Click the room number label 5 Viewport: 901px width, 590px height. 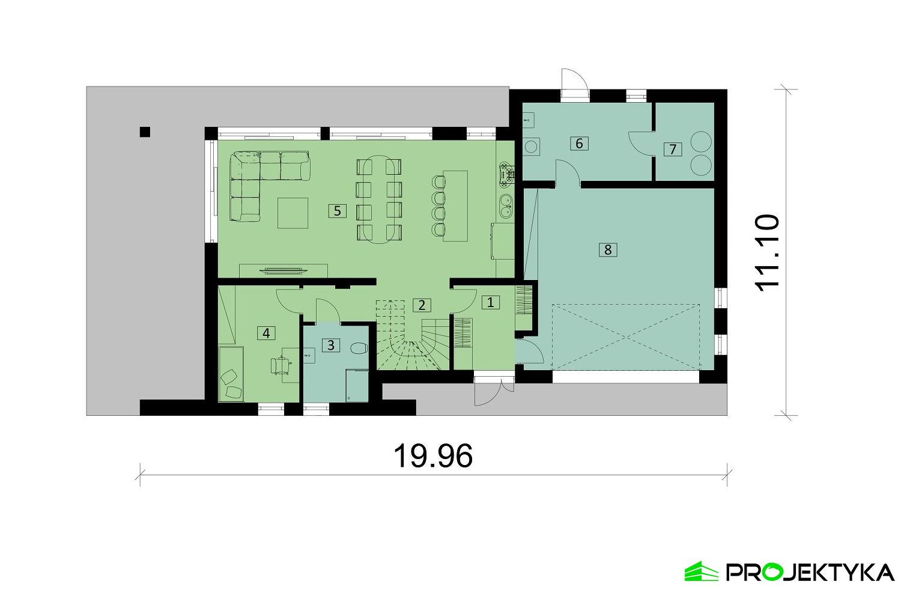pos(337,210)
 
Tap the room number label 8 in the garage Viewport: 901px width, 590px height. pos(608,249)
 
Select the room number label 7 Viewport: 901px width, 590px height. pos(673,149)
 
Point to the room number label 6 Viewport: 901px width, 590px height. pos(579,143)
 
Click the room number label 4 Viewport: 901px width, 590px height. pos(266,332)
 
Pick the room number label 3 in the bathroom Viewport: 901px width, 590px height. pos(330,345)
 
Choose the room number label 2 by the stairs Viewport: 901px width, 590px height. pos(422,305)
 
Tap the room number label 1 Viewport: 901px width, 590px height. pos(491,302)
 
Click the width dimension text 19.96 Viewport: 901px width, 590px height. pos(432,457)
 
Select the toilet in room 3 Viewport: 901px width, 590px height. pos(359,348)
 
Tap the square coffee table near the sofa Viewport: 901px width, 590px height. pos(293,213)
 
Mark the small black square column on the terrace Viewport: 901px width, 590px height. pos(144,132)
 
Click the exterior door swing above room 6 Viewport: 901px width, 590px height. pos(571,81)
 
